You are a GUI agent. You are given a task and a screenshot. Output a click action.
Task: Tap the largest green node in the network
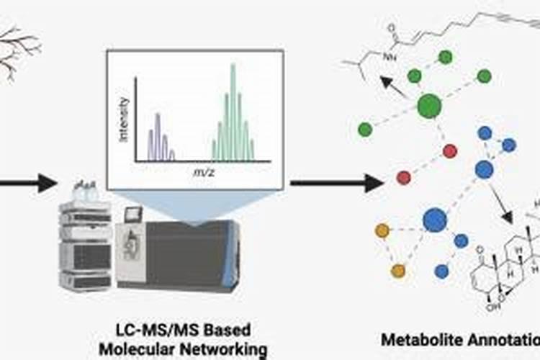[429, 107]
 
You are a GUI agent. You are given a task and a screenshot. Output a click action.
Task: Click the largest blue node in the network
[435, 219]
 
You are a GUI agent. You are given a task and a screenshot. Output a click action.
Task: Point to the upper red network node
[450, 151]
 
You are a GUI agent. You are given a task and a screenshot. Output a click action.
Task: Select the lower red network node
[404, 176]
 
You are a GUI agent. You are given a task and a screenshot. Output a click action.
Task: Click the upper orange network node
[382, 230]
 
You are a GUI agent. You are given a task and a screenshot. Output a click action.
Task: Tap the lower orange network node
[398, 271]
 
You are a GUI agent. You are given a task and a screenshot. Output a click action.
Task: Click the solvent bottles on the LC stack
[85, 192]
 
